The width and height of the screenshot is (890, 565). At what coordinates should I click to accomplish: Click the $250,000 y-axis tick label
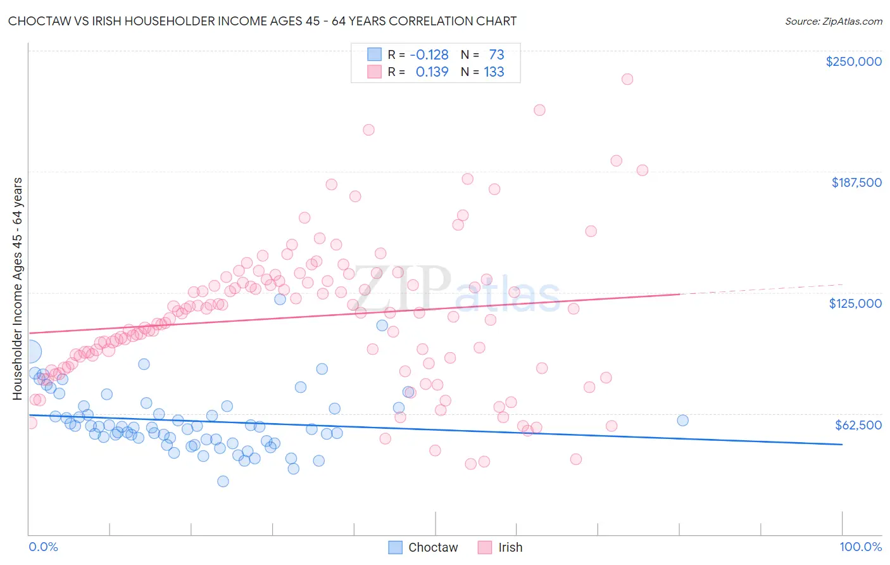(853, 61)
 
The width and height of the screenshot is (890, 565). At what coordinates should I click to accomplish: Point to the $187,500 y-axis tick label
(856, 182)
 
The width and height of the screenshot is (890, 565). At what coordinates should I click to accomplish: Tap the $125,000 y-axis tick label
(855, 303)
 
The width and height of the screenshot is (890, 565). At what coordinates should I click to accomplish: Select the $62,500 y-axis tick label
(858, 425)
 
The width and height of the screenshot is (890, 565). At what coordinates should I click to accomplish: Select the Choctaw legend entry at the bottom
(423, 547)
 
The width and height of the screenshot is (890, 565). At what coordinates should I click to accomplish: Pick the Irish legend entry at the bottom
(500, 547)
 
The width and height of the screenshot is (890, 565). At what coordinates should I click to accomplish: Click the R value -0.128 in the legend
(429, 55)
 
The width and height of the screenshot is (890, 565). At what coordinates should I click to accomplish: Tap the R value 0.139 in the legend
(432, 72)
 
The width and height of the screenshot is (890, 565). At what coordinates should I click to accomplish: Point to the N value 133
(494, 72)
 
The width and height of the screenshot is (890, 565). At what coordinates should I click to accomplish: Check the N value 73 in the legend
(496, 55)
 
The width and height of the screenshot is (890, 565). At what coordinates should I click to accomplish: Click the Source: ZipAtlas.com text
(833, 21)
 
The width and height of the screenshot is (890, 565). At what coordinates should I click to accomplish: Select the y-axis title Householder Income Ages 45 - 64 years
(18, 289)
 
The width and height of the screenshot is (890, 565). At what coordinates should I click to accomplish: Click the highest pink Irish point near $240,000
(627, 79)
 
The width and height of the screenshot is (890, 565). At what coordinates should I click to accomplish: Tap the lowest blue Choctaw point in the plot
(223, 481)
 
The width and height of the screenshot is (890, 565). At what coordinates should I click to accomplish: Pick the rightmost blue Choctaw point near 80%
(682, 421)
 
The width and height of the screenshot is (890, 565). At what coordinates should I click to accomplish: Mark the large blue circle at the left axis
(29, 352)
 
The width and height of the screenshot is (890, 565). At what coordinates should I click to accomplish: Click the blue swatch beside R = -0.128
(375, 55)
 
